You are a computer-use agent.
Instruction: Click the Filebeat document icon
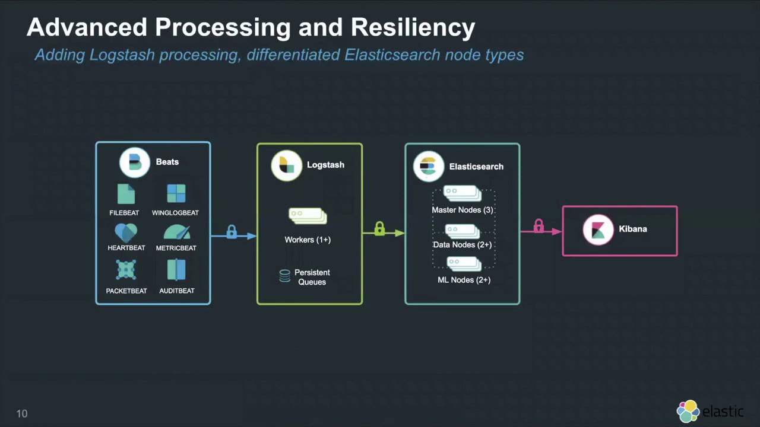[126, 194]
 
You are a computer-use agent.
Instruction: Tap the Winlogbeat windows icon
[176, 193]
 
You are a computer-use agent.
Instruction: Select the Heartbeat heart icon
[126, 233]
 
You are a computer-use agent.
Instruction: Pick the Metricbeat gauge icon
[177, 232]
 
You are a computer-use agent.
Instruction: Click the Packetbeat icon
[126, 270]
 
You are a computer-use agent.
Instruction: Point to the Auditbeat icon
[176, 270]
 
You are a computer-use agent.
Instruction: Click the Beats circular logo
[135, 162]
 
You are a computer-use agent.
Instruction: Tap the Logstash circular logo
[287, 165]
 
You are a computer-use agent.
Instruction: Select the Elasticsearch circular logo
[429, 167]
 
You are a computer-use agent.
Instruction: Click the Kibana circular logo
[598, 230]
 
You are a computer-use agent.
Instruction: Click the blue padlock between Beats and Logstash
[232, 232]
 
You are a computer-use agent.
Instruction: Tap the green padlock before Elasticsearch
[379, 228]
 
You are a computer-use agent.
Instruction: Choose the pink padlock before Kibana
[539, 226]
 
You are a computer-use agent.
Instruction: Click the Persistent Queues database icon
[284, 276]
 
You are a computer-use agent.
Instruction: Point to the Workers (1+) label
[308, 240]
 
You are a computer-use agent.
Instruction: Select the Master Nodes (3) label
[463, 210]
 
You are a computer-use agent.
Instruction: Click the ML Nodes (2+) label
[464, 280]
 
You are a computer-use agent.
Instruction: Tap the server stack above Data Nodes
[463, 231]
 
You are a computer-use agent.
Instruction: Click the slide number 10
[22, 413]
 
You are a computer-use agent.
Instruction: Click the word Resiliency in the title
[413, 28]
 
